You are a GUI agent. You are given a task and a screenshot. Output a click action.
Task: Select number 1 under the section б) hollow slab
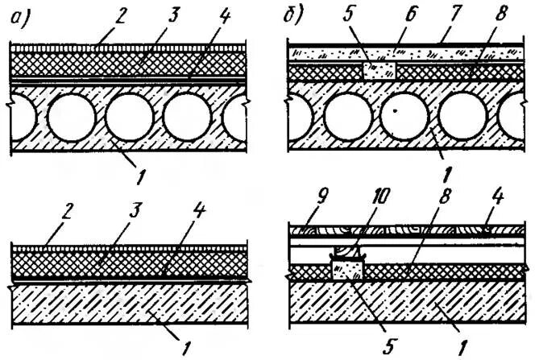[446, 168]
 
